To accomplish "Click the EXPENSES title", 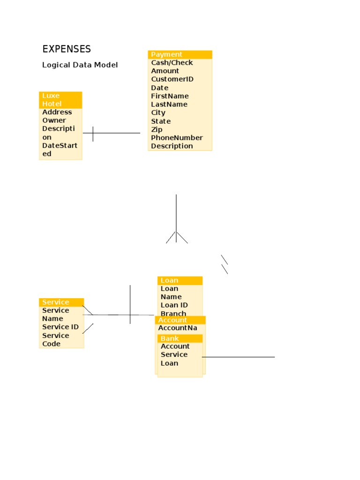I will coord(67,49).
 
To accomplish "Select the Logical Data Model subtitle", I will coord(80,65).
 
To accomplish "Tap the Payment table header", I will coord(180,54).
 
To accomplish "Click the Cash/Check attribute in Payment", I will coord(172,63).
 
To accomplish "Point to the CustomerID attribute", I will coord(172,79).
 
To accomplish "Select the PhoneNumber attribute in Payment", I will coord(177,138).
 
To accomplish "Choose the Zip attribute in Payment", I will coord(157,129).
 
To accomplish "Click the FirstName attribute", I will coord(170,96).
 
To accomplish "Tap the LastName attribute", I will coord(169,105).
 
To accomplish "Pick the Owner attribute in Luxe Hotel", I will coord(54,120).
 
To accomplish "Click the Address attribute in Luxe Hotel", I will coord(57,112).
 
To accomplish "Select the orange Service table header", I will coord(61,302).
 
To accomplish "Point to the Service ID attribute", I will coord(60,327).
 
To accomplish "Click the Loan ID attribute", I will coord(174,305).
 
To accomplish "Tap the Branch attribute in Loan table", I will coord(173,314).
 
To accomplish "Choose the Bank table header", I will coord(180,338).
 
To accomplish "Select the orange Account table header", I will coord(180,320).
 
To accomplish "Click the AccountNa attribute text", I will coord(178,328).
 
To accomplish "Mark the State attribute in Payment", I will coord(161,121).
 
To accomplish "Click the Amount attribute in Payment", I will coord(165,71).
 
